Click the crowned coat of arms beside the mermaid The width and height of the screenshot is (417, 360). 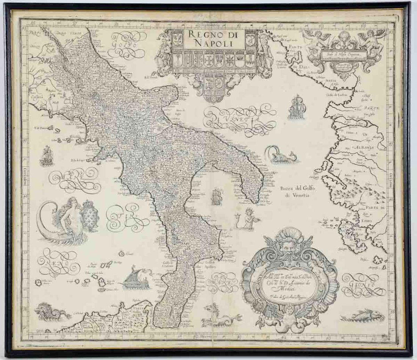(90, 215)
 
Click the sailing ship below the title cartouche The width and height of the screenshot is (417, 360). (296, 107)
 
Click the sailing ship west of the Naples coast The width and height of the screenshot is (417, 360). (47, 156)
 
